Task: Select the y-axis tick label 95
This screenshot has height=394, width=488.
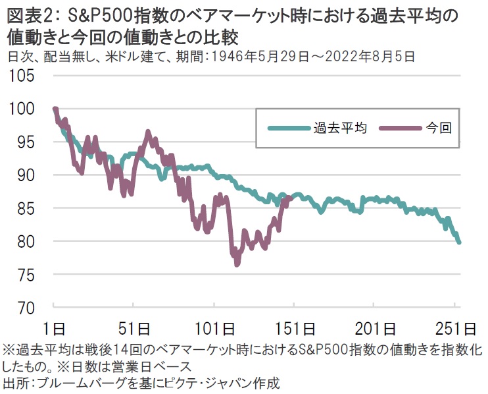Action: point(26,142)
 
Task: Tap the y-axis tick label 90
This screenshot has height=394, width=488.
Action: point(26,175)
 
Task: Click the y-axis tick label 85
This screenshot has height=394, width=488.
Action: point(26,208)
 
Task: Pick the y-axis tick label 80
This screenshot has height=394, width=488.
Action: point(26,241)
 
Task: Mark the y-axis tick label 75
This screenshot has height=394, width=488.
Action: point(26,274)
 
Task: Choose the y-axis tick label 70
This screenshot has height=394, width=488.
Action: point(26,308)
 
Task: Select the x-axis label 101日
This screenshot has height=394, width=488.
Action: point(215,327)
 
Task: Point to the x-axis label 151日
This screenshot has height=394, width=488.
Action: point(296,327)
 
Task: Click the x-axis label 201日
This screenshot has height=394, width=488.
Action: point(377,327)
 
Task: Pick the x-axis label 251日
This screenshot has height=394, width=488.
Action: point(457,327)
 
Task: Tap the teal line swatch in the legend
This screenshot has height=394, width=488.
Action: point(287,128)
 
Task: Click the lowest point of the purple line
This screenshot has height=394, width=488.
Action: point(236,264)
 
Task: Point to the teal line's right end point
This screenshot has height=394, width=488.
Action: point(459,242)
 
